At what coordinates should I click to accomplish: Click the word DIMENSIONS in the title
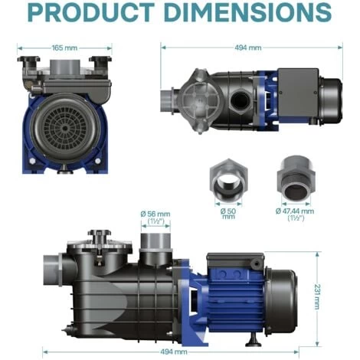point(247,13)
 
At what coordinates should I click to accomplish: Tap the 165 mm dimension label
point(64,47)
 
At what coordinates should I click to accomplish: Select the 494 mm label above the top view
point(248,47)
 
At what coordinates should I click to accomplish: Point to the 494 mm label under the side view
point(174,352)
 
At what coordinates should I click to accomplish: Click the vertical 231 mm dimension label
point(317,296)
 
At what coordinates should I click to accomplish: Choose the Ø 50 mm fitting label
point(228,214)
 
